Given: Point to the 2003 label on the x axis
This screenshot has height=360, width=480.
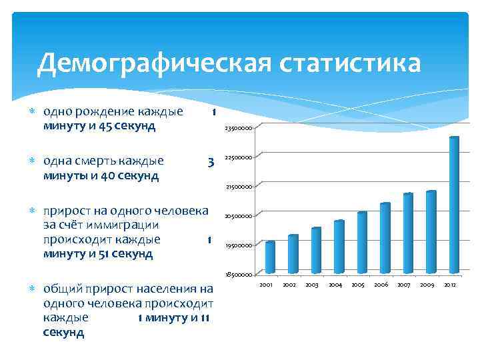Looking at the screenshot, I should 312,285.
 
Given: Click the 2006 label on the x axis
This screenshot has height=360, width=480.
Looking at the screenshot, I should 381,285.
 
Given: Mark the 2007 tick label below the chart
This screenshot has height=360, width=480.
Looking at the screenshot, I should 404,285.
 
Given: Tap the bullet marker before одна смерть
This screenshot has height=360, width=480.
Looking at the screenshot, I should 33,161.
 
